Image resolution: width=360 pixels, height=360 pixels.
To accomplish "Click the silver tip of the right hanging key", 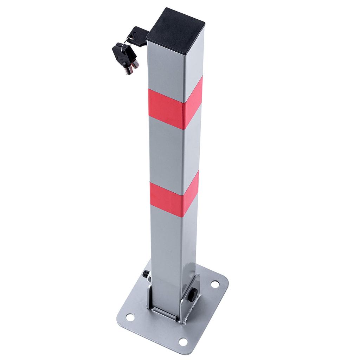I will tap(135, 64).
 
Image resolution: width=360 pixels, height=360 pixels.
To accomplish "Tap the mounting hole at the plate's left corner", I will tap(130, 317).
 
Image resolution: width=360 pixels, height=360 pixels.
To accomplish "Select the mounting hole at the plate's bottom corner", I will tap(183, 341).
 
